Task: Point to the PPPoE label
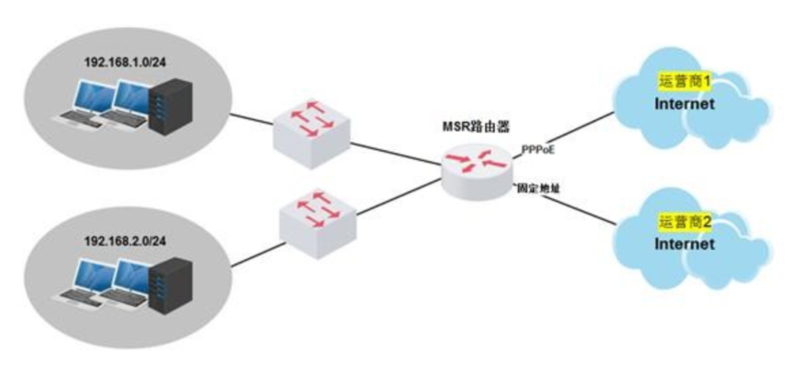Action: [538, 149]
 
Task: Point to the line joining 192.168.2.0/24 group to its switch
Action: [254, 255]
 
